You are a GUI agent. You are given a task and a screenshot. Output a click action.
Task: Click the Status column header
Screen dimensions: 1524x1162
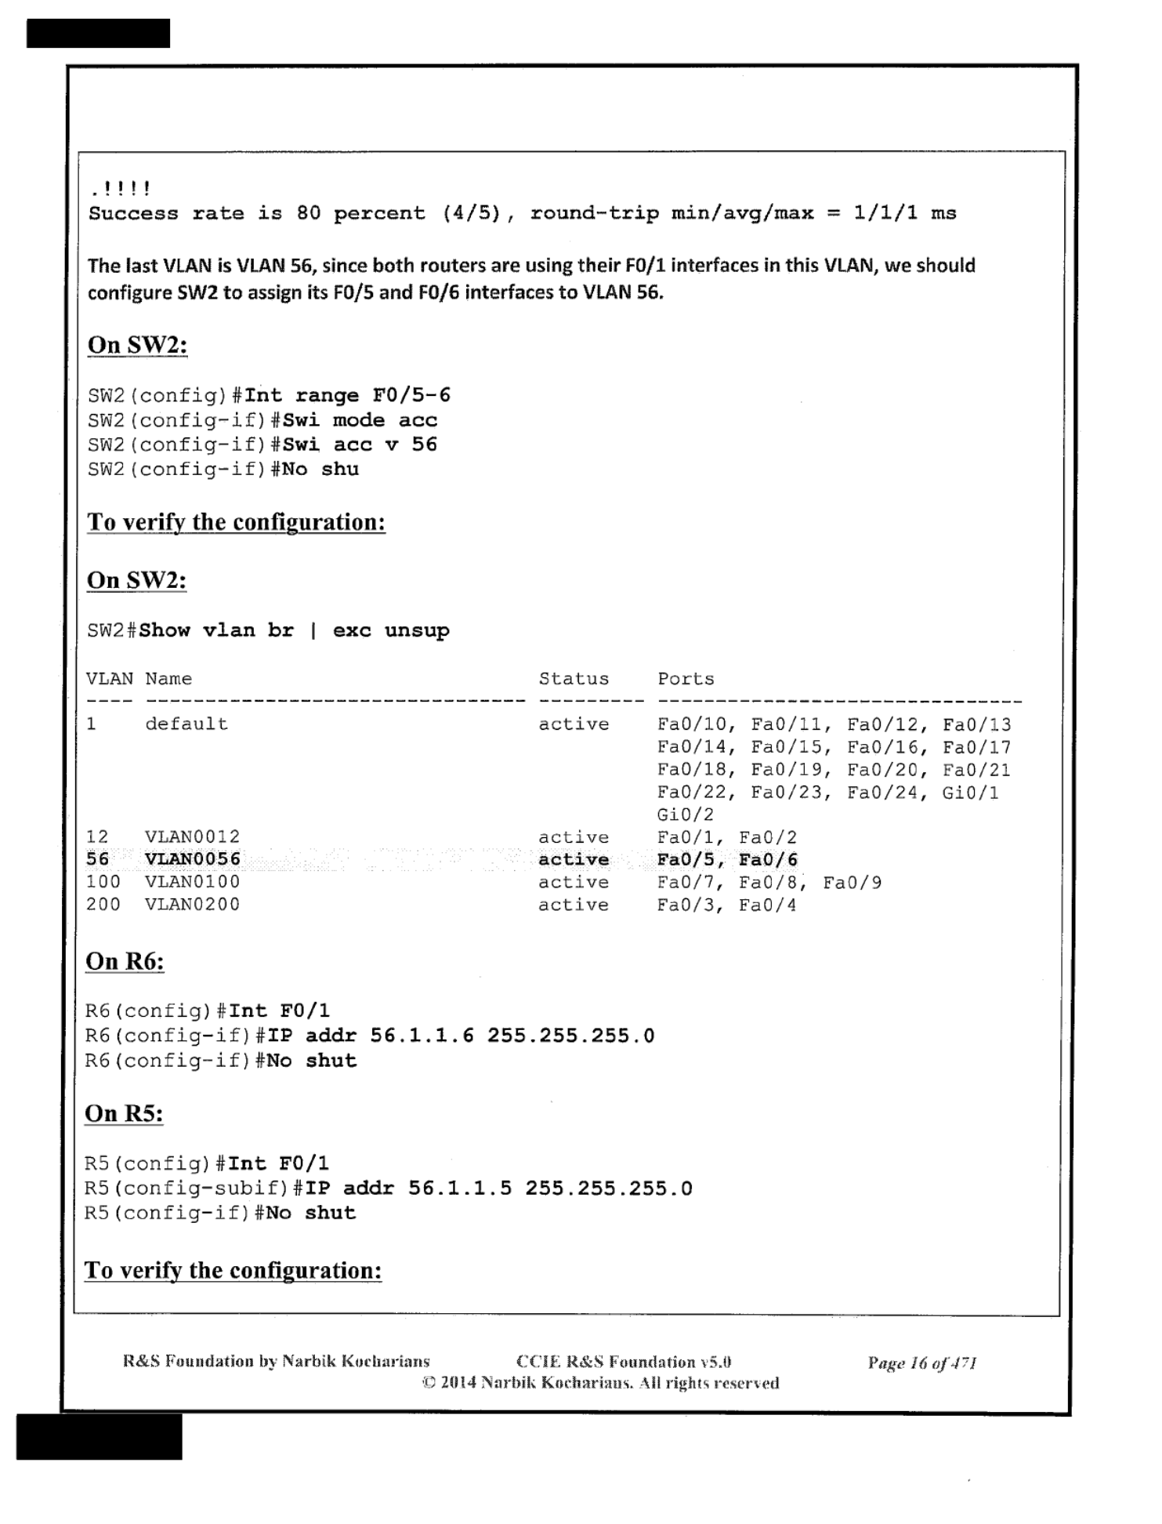(573, 679)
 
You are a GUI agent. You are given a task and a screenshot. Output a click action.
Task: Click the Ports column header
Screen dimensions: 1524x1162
(686, 679)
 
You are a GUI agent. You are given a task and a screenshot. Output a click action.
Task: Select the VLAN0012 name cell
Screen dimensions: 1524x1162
(192, 837)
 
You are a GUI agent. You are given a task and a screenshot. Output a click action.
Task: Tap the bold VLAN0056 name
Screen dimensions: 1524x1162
(192, 860)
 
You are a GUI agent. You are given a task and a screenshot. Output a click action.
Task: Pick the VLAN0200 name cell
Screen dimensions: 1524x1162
(192, 905)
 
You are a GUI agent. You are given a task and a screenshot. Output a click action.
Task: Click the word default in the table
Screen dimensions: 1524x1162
(186, 724)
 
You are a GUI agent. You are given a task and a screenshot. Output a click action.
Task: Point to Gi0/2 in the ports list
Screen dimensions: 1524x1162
(686, 815)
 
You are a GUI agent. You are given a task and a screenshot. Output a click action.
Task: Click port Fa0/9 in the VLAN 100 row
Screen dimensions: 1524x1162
(852, 883)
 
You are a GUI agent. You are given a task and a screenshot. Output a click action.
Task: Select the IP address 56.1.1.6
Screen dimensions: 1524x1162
(422, 1036)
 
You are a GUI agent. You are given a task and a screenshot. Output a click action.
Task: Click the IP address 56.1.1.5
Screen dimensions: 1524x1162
(460, 1188)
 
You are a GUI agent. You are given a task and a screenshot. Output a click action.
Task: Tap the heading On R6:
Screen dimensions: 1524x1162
(125, 962)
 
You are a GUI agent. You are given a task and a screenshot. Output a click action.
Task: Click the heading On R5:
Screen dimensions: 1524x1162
(124, 1114)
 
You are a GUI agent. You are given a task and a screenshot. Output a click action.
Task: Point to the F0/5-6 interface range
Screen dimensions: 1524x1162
(411, 395)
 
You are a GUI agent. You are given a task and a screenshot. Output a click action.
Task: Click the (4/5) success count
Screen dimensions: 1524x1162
(471, 213)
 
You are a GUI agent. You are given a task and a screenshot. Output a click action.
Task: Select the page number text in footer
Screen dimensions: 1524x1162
(921, 1363)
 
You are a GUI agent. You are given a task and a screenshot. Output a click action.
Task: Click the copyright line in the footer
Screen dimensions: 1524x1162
(600, 1383)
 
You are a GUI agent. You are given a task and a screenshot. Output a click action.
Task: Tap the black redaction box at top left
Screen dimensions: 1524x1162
(98, 34)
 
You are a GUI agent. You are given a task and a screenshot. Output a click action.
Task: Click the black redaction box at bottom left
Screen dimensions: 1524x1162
(99, 1436)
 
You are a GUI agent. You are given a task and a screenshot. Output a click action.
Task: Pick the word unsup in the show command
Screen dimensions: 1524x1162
(417, 631)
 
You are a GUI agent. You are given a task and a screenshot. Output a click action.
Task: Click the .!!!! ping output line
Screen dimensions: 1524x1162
(121, 189)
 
